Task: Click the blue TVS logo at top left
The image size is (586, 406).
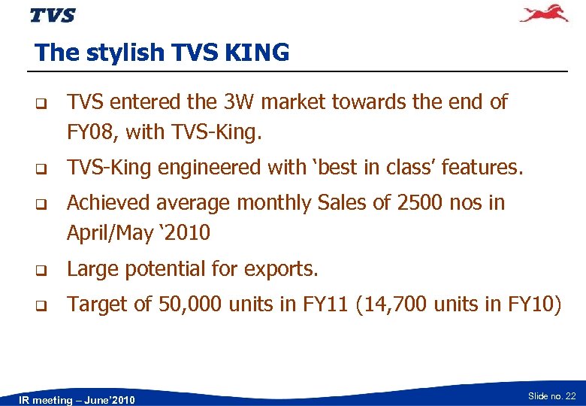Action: (x=53, y=15)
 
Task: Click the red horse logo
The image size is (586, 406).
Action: (x=545, y=14)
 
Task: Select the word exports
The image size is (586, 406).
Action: (x=282, y=268)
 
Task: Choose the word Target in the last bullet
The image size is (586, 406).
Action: (x=92, y=304)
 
